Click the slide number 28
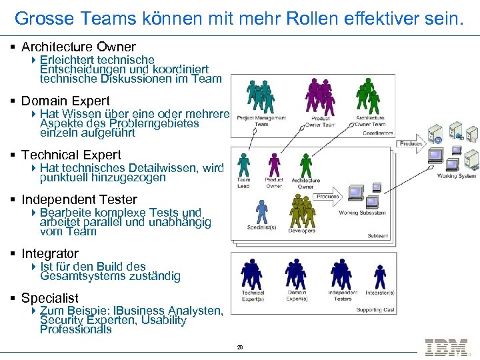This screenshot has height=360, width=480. pyautogui.click(x=239, y=347)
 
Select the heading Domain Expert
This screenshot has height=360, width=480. pyautogui.click(x=65, y=101)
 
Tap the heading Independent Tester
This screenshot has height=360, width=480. pyautogui.click(x=79, y=199)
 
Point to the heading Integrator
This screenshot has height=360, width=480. pyautogui.click(x=49, y=253)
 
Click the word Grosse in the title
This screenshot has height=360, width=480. pyautogui.click(x=40, y=18)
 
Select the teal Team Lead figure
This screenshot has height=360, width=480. pyautogui.click(x=244, y=165)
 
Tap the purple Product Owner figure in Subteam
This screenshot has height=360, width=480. pyautogui.click(x=274, y=165)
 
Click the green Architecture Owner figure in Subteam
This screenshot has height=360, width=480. pyautogui.click(x=305, y=165)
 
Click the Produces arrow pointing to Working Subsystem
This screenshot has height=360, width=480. pyautogui.click(x=327, y=197)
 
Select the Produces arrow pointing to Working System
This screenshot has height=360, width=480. pyautogui.click(x=412, y=143)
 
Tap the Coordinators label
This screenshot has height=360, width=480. pyautogui.click(x=378, y=133)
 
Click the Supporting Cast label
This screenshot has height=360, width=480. pyautogui.click(x=375, y=310)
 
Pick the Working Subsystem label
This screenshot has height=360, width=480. pyautogui.click(x=362, y=213)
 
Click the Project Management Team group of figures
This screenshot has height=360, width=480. pyautogui.click(x=261, y=97)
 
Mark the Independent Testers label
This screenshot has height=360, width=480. pyautogui.click(x=343, y=295)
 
